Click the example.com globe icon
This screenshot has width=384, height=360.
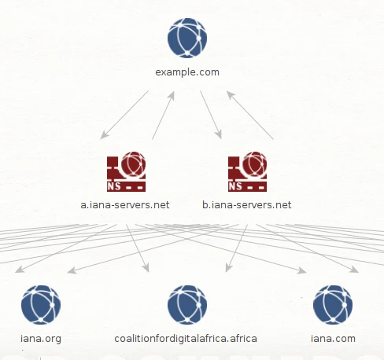(187, 38)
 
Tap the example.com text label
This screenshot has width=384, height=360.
(187, 72)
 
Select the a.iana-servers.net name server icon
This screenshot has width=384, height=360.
(126, 171)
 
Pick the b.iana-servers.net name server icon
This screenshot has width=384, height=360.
(247, 171)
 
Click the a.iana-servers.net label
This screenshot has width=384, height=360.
(125, 204)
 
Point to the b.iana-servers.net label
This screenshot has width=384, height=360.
(247, 204)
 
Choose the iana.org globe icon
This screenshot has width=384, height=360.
(41, 305)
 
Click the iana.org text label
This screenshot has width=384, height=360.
(41, 339)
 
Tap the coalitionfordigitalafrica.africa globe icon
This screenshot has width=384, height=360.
(187, 305)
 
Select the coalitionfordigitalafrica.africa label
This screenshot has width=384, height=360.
(186, 339)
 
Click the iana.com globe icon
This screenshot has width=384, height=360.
(333, 305)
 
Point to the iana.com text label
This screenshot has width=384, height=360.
(333, 339)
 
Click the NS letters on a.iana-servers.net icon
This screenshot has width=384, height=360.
(114, 186)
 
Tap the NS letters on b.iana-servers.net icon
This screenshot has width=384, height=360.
(235, 186)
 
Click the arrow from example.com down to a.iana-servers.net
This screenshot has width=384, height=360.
(124, 115)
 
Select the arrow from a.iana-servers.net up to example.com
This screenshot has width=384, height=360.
(163, 116)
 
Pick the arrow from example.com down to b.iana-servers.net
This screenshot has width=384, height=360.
(211, 115)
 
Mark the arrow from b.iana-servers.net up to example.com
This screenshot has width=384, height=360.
(250, 116)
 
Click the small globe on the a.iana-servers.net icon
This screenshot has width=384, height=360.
(134, 163)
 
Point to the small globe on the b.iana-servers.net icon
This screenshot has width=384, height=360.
(255, 163)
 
